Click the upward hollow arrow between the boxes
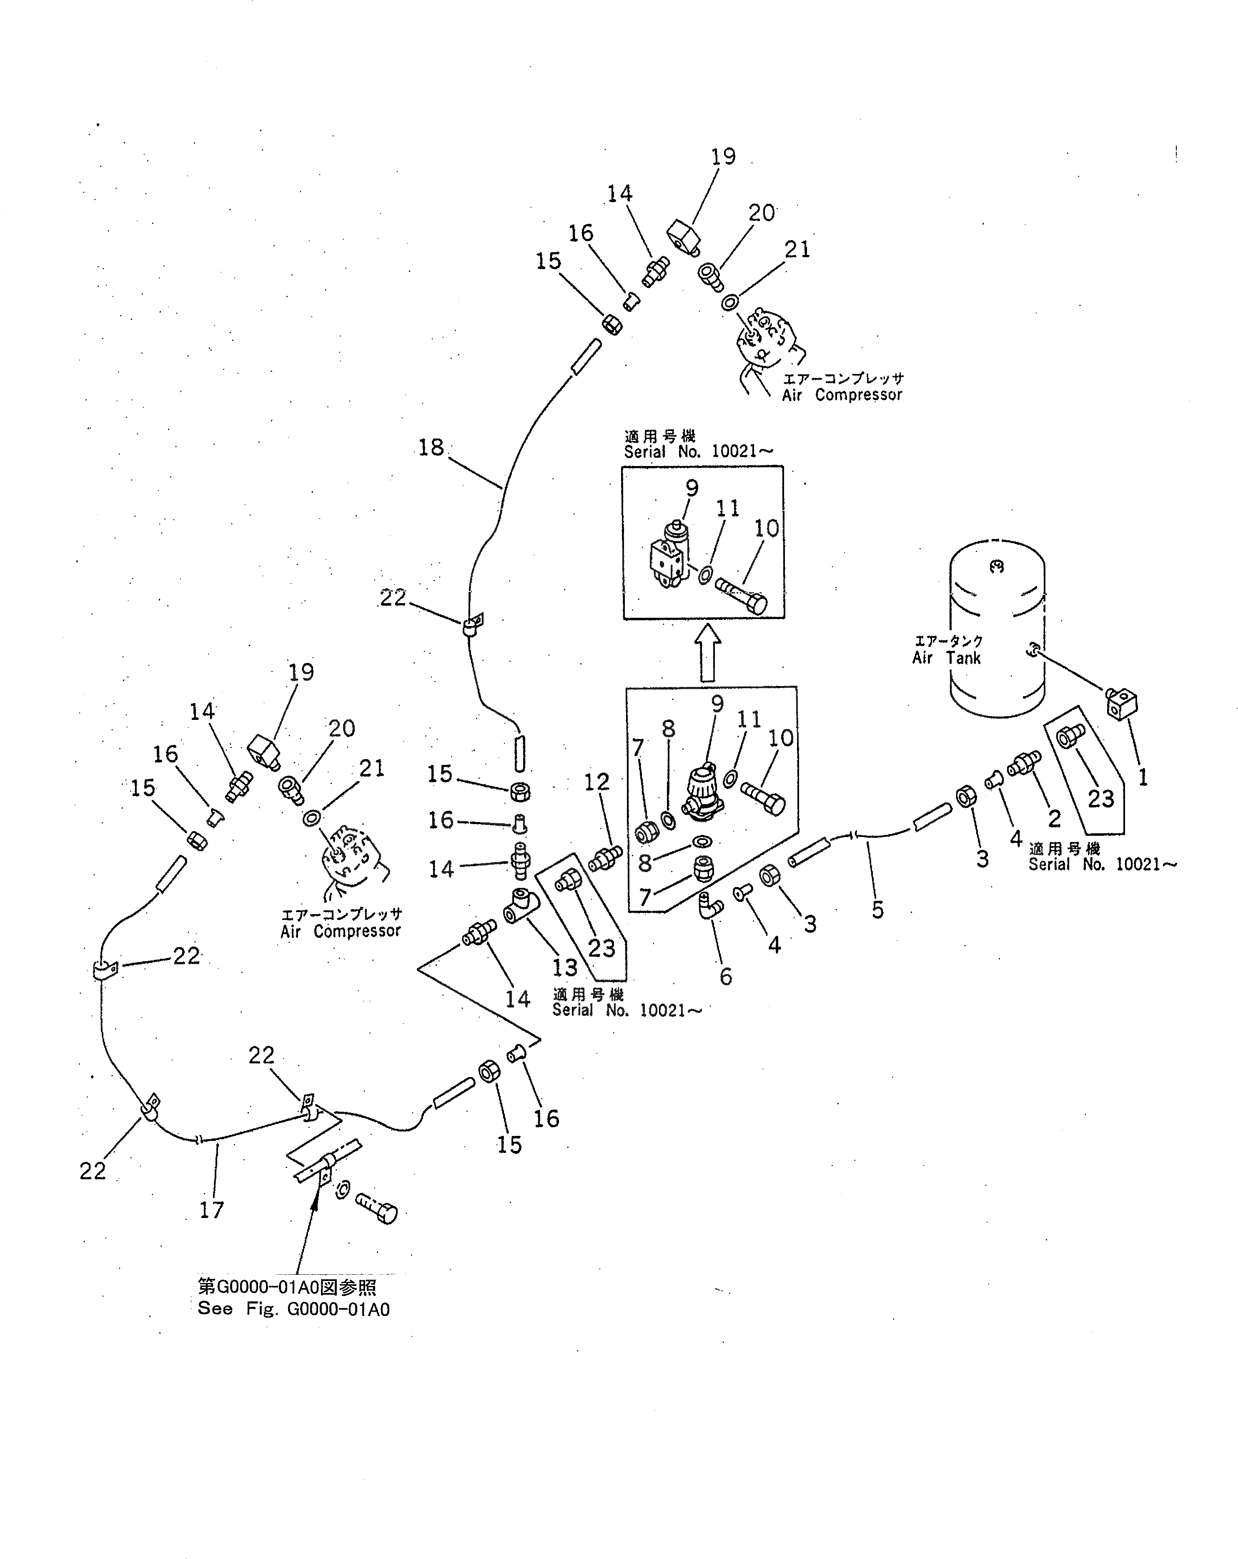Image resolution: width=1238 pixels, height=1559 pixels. pos(707,652)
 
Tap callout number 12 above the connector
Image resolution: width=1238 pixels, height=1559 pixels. pos(596,782)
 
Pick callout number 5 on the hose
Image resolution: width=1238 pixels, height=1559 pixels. pos(877,910)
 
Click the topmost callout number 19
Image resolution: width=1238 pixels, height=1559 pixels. pos(723,157)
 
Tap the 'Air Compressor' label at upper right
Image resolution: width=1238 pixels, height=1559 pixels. pos(842,395)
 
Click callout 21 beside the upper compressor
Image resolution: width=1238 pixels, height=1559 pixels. pos(797,249)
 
